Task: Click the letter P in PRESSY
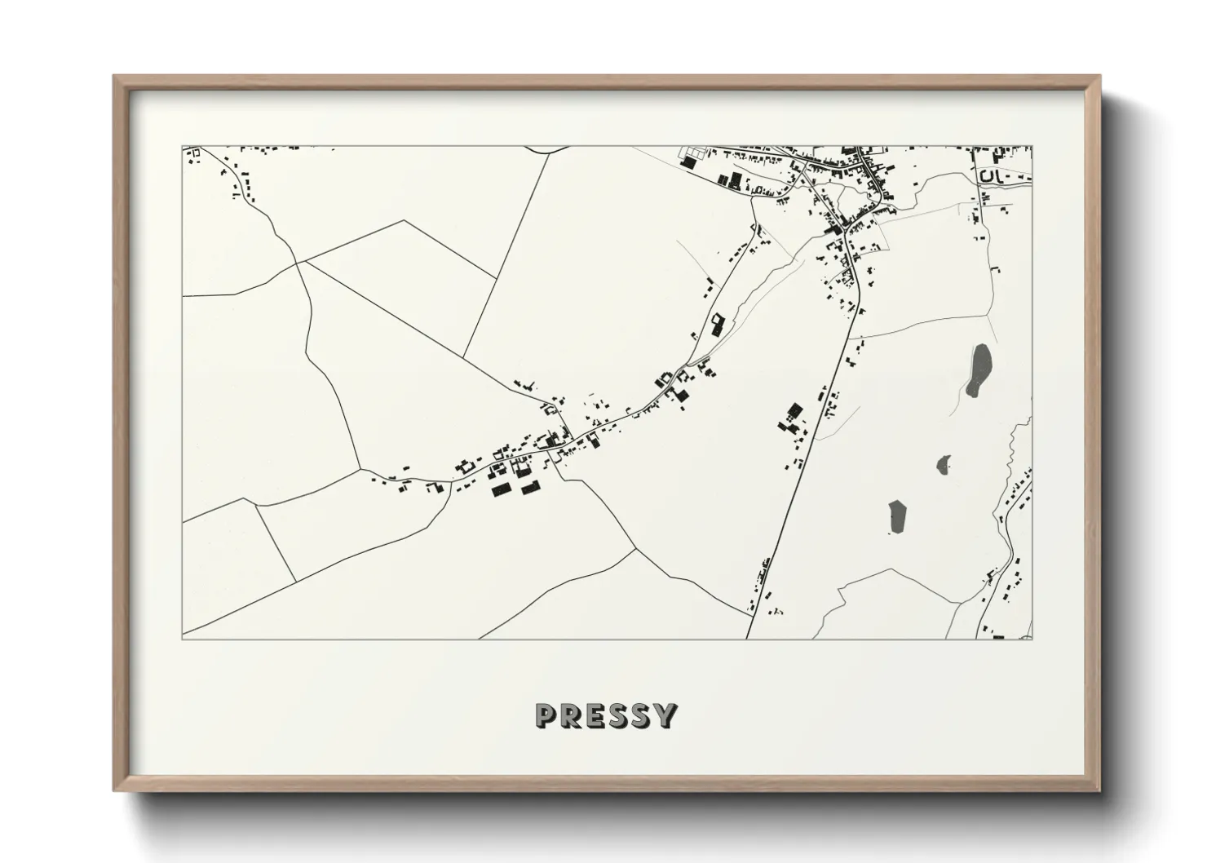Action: point(546,715)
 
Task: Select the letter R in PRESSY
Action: point(570,715)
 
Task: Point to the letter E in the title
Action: point(594,715)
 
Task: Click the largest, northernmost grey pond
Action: point(979,370)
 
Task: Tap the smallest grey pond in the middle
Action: point(944,465)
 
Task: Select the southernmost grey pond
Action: point(898,516)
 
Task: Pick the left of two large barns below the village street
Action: point(500,489)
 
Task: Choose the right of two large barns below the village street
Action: point(531,487)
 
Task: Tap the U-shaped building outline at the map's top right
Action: point(989,175)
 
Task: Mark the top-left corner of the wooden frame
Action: point(114,77)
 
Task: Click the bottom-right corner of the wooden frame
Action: point(1099,790)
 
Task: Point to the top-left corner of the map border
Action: point(183,147)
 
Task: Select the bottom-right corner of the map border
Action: point(1032,639)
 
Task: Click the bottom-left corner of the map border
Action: point(183,639)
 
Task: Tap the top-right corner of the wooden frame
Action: point(1099,77)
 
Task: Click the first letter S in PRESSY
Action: point(617,715)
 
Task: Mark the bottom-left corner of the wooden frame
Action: point(114,790)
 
